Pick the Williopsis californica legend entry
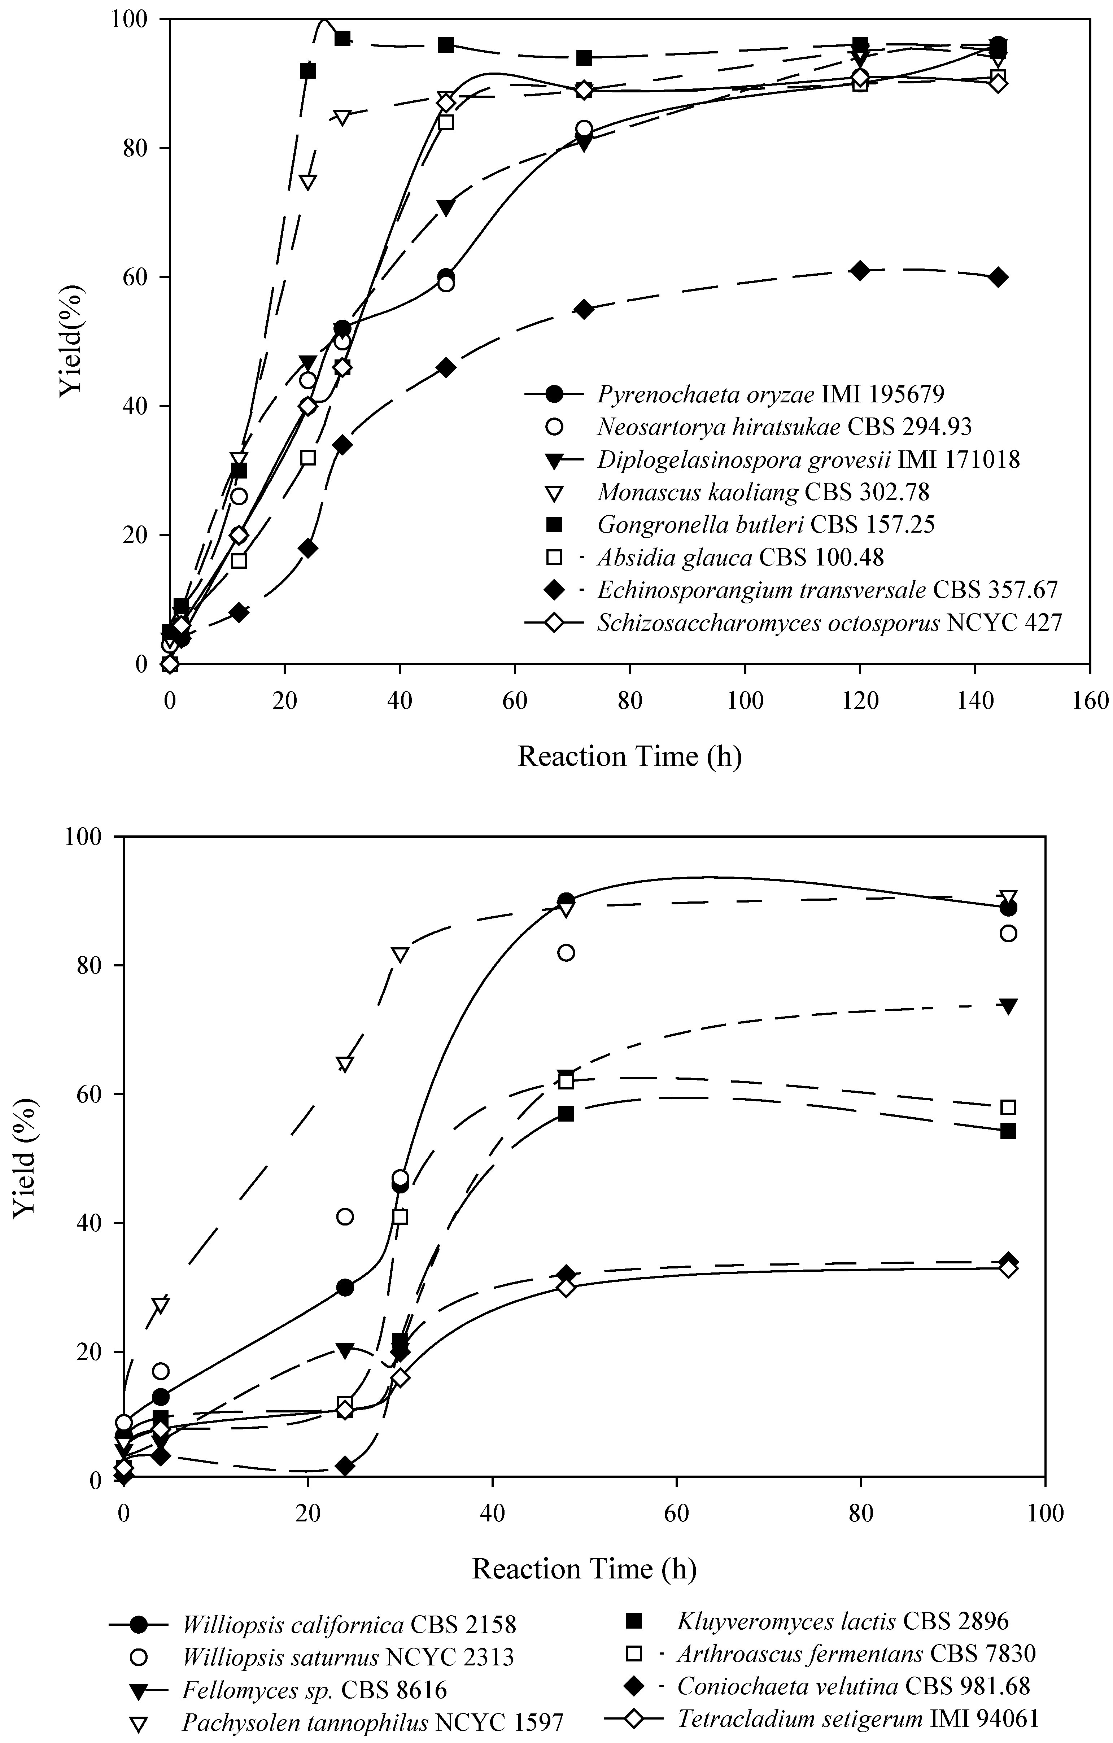[349, 1625]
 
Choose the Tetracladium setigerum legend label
[857, 1718]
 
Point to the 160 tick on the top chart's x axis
[1089, 701]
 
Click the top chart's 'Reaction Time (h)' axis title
[630, 756]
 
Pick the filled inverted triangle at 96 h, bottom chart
[1008, 1006]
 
